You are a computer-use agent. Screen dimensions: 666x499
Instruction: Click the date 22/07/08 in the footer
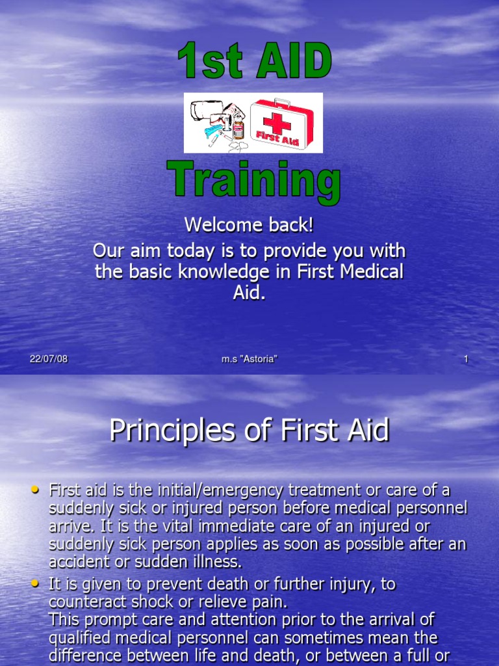point(49,360)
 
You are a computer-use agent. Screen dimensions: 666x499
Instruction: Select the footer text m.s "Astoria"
point(249,360)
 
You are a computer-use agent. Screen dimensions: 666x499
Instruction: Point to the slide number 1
point(466,360)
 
